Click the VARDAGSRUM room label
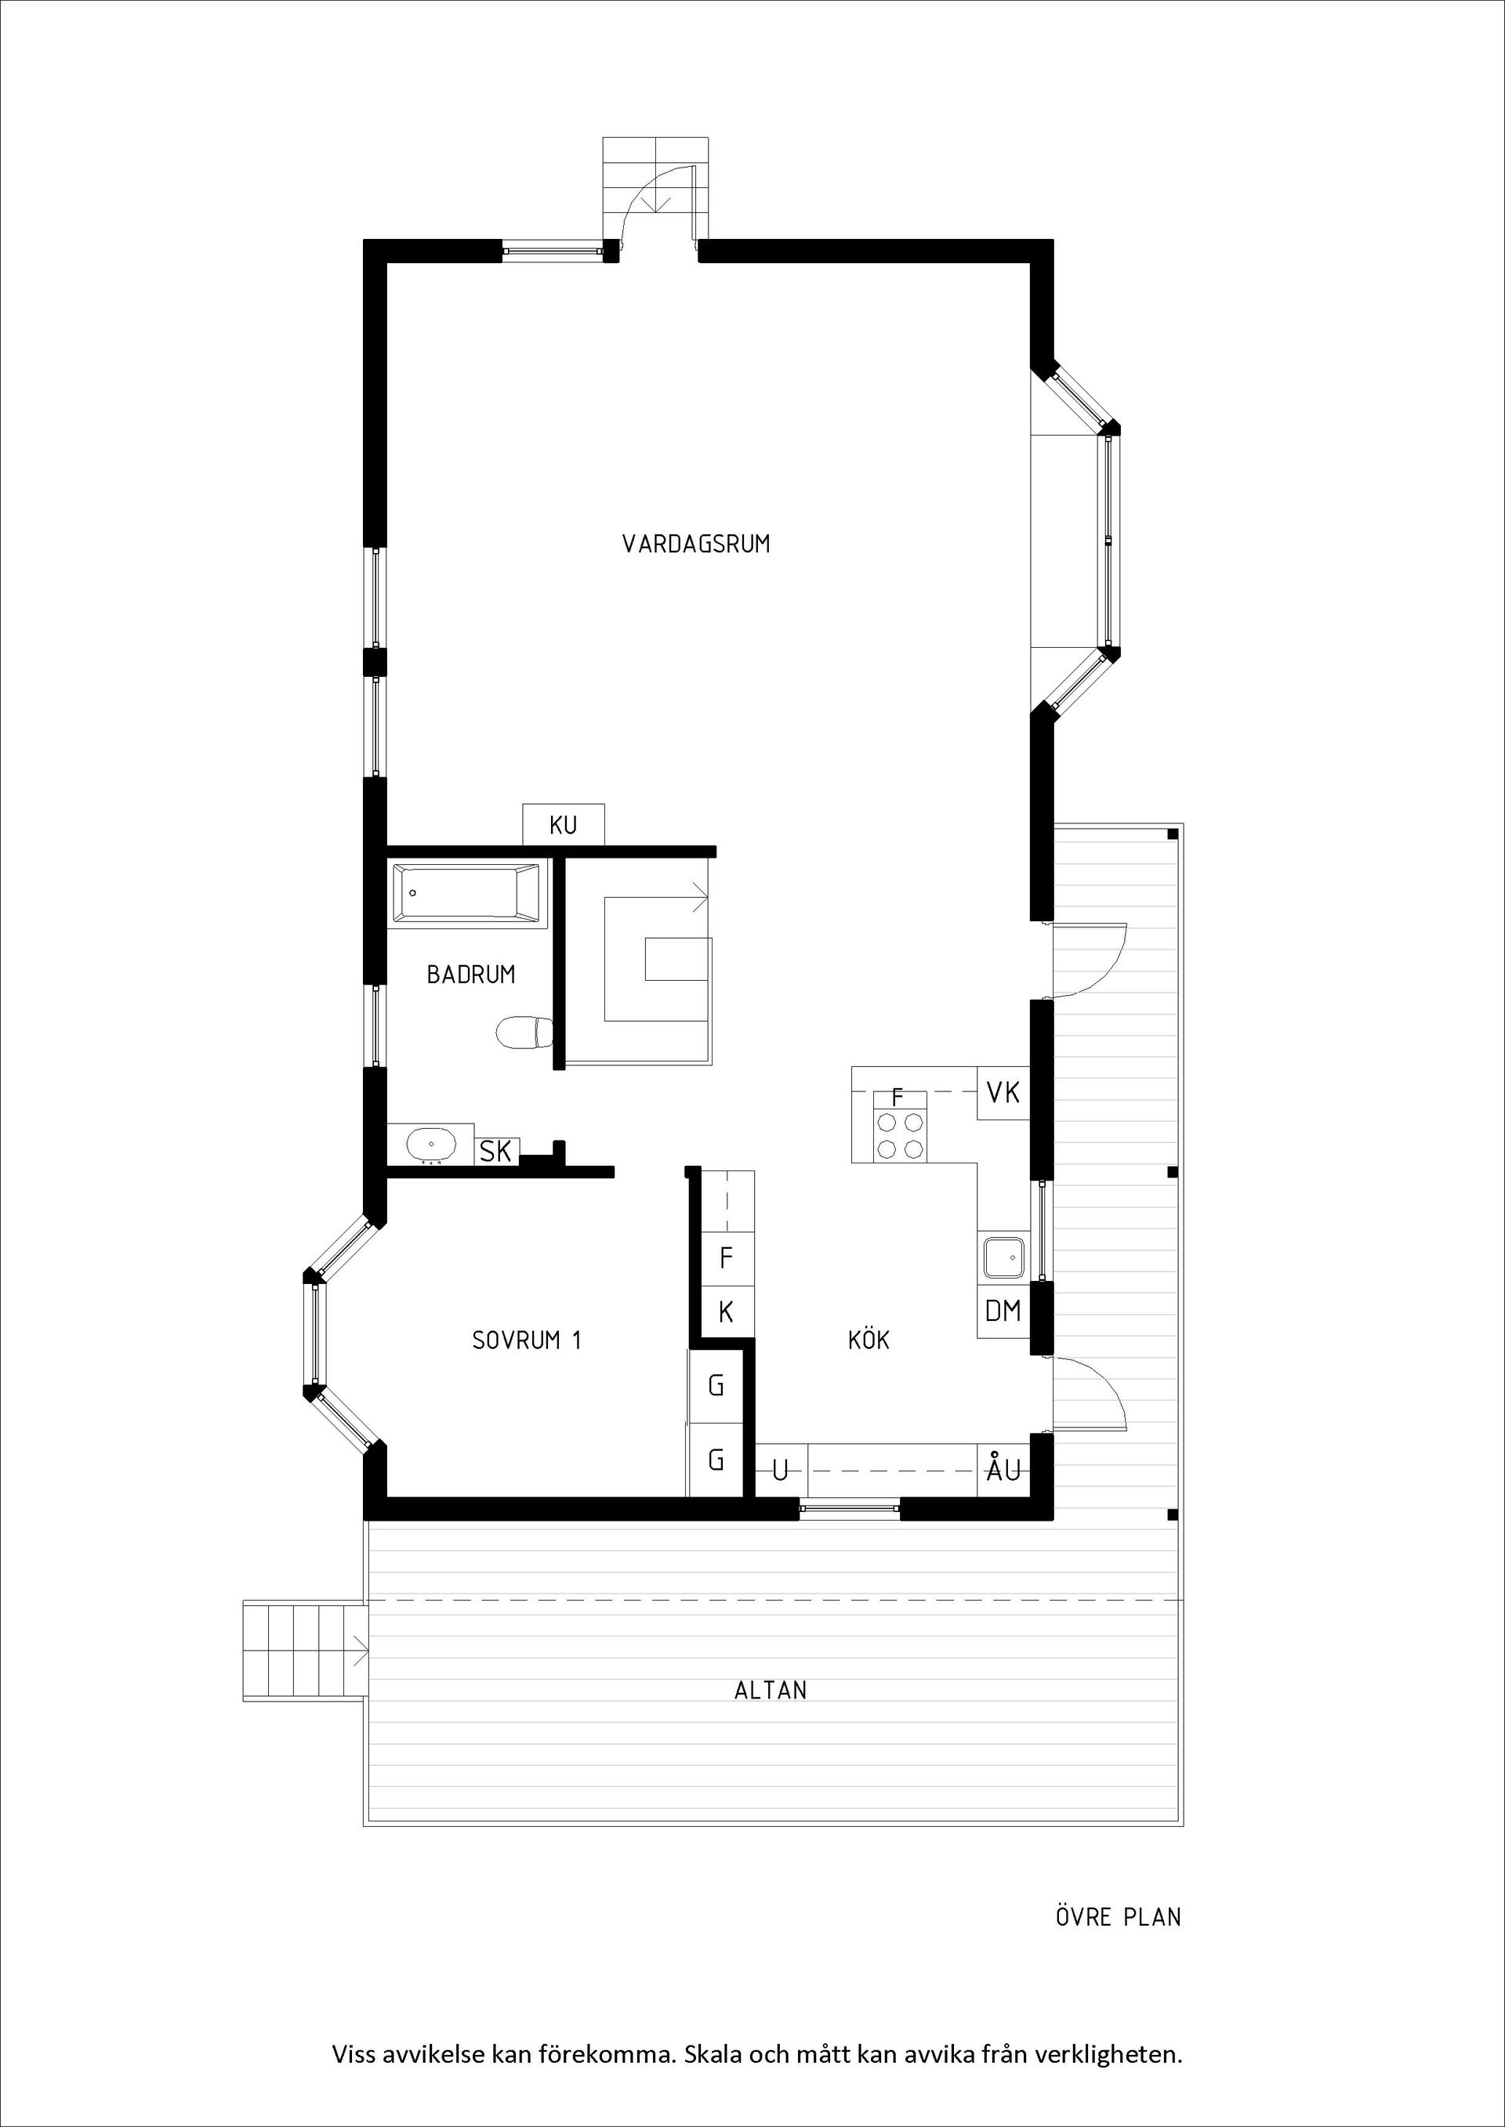[x=696, y=544]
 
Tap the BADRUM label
[x=471, y=975]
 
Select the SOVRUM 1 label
[x=527, y=1340]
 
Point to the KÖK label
[x=869, y=1340]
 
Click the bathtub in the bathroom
[x=466, y=894]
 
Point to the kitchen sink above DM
[x=1003, y=1257]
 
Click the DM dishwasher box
[x=1003, y=1311]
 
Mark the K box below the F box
[x=726, y=1311]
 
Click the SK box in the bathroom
[x=496, y=1152]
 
